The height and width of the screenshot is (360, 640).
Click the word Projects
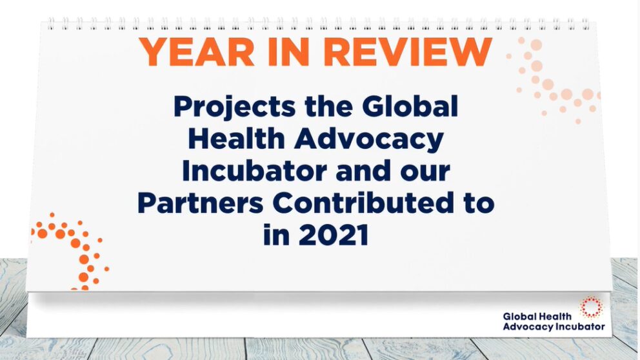tap(234, 107)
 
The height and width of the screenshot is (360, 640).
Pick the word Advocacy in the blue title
tap(369, 139)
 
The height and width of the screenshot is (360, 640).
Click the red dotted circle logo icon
tap(592, 307)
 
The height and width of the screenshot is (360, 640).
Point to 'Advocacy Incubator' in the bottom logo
tap(554, 327)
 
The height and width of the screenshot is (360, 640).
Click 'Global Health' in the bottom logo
tap(537, 316)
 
